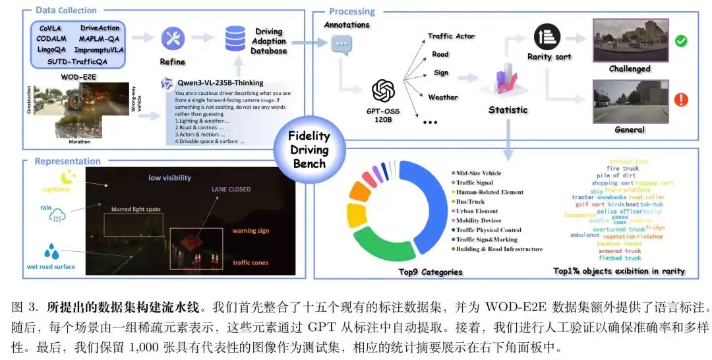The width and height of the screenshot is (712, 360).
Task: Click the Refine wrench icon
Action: click(173, 38)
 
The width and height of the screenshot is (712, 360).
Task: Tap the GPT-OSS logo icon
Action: click(383, 91)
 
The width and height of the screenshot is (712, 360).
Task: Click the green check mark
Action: click(681, 41)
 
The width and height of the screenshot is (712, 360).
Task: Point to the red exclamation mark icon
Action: click(681, 100)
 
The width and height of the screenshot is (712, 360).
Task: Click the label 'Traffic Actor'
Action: click(451, 36)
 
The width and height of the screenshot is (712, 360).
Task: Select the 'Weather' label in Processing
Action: click(442, 97)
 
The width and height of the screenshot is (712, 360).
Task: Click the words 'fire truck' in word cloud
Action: click(622, 169)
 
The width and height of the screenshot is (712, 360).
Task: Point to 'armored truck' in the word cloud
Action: click(619, 251)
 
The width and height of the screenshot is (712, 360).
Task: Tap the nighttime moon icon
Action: click(69, 177)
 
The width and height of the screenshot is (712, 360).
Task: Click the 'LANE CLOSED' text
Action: click(231, 189)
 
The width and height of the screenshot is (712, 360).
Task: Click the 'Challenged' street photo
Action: click(629, 41)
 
